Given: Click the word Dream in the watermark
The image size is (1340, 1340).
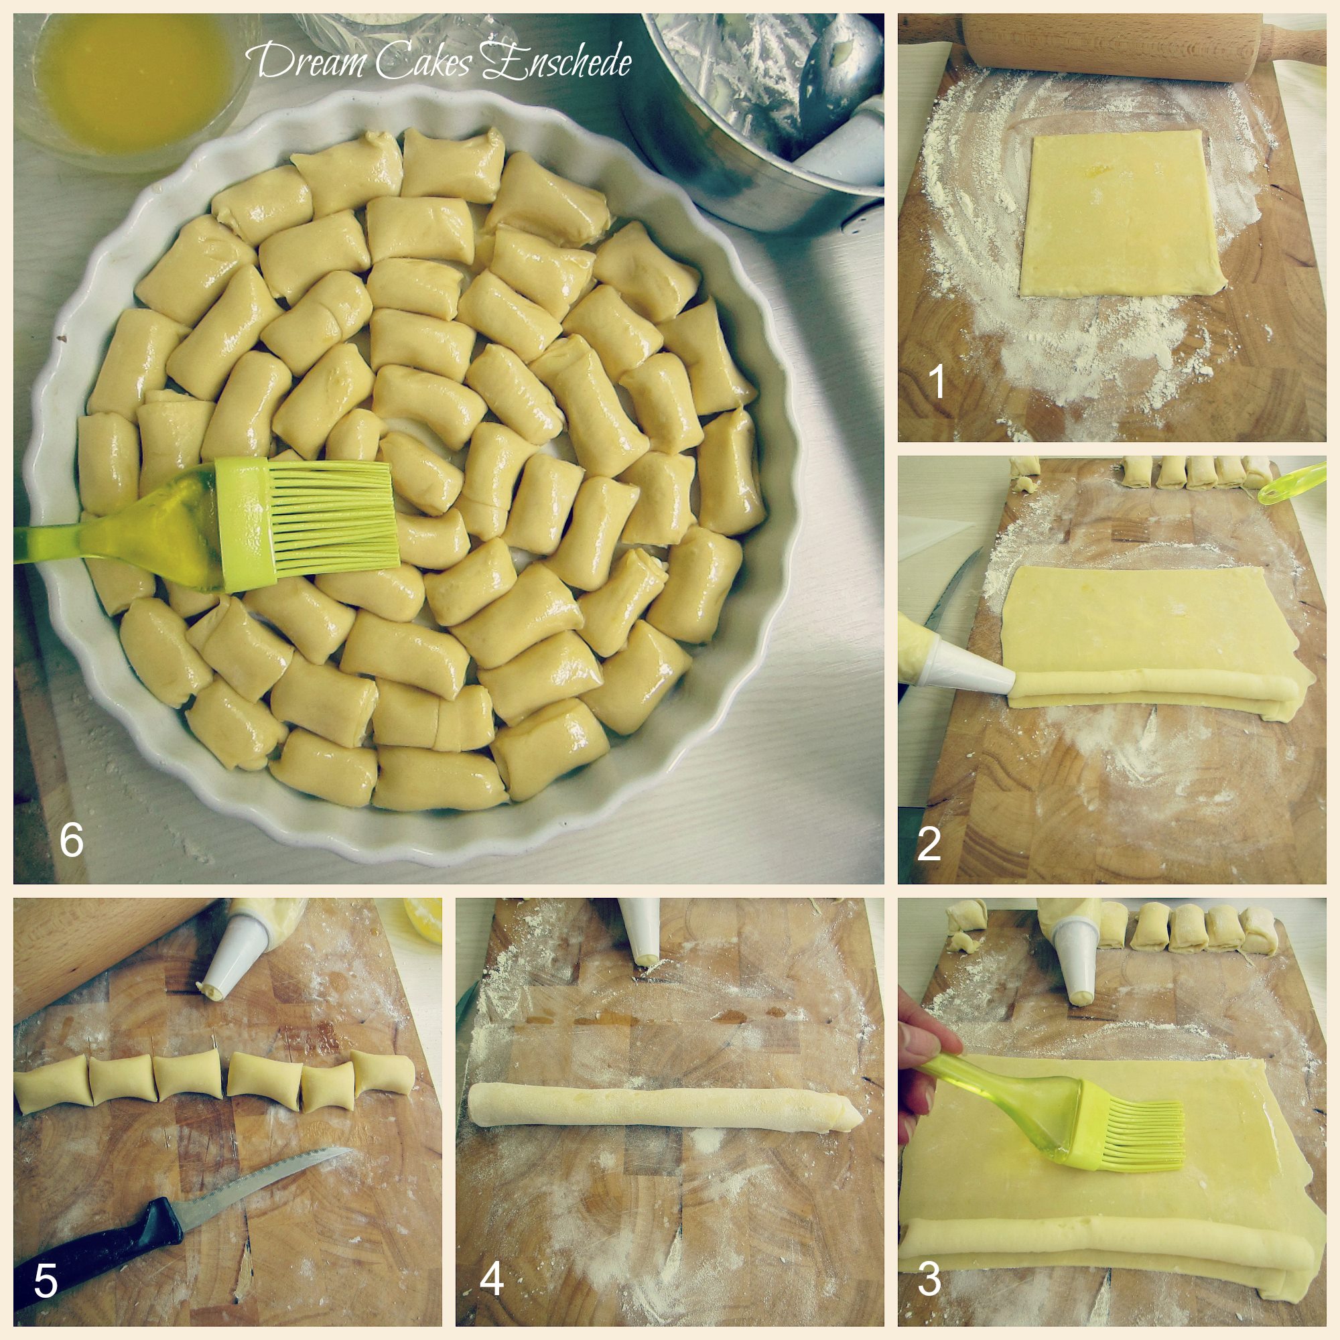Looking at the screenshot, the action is (311, 60).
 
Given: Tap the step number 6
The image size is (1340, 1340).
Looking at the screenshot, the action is (72, 840).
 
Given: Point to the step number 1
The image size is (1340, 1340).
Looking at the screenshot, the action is (937, 381).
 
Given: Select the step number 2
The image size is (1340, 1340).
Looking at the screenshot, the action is (929, 844).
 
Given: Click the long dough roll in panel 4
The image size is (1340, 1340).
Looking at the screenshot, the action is (666, 1108).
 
